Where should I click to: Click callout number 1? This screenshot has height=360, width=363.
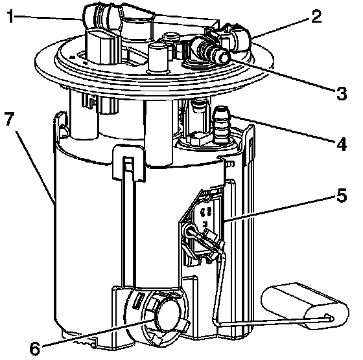point(10,16)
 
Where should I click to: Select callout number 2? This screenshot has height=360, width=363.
point(316,16)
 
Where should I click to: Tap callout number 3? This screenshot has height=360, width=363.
point(342,93)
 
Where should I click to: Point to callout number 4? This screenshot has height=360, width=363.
point(342,144)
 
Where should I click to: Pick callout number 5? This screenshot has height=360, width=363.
point(342,194)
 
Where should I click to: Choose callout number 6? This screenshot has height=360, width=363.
point(36,348)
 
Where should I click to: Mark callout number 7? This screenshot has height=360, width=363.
point(9,119)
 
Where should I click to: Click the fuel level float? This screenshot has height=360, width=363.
point(305,306)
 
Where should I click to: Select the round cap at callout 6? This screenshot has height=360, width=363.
point(169,315)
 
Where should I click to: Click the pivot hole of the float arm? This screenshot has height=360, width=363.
point(191,232)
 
